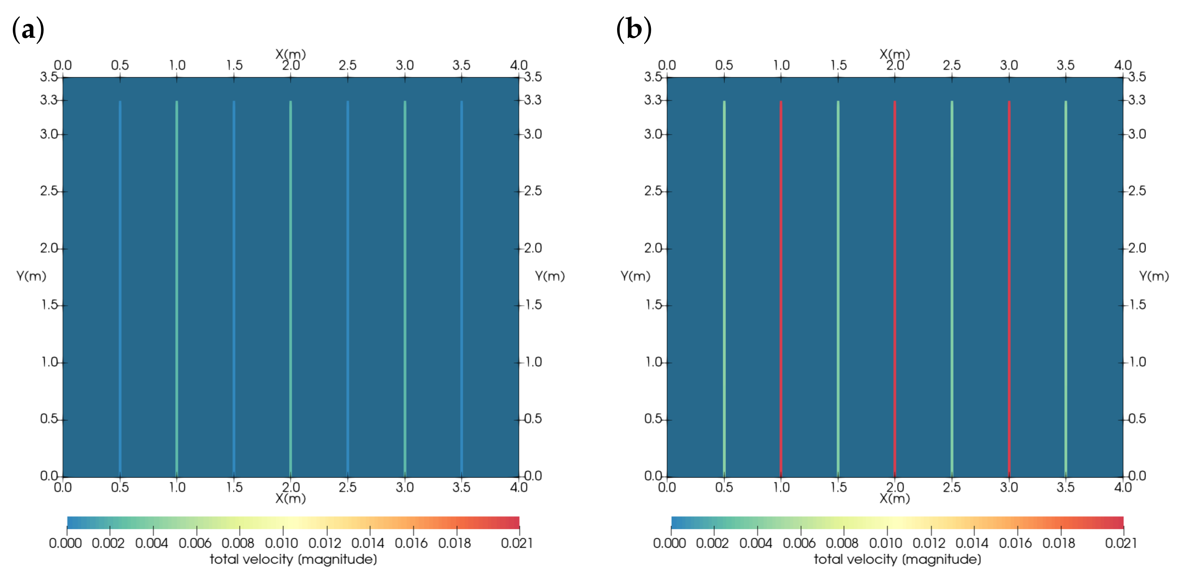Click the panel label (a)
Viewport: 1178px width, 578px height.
coord(28,29)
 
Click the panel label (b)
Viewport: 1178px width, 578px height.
coord(633,29)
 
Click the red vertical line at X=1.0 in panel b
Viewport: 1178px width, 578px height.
coord(781,288)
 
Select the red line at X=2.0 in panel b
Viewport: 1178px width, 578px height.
coord(895,288)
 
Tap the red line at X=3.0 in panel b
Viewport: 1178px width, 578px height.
coord(1009,288)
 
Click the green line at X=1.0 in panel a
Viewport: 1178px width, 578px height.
coord(176,288)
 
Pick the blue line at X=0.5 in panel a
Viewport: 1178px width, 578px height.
coord(120,288)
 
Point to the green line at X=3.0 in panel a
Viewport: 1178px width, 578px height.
coord(405,288)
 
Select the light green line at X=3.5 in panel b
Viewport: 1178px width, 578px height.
coord(1066,288)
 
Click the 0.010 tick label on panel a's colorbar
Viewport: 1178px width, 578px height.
coord(281,543)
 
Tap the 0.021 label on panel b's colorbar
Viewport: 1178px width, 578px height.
coord(1121,543)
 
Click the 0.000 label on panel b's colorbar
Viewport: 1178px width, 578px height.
coord(669,543)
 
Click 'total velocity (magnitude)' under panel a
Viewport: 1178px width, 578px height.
coord(293,559)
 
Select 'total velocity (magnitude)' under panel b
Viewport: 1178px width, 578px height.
coord(897,559)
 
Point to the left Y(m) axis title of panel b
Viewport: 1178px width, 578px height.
coord(635,276)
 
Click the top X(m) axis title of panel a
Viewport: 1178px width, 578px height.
coord(290,54)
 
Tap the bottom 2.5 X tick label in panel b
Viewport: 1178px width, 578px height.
coord(952,487)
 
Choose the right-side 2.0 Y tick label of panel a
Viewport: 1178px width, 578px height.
coord(533,248)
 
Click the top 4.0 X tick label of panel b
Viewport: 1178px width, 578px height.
coord(1123,65)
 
